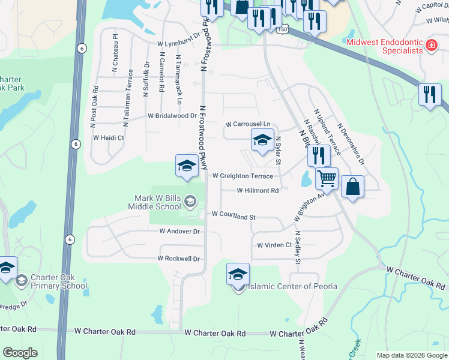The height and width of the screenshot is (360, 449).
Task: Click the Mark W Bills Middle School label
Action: click(x=154, y=202)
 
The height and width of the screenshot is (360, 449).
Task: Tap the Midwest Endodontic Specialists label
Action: click(x=385, y=47)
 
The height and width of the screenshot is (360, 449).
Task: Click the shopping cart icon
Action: click(x=327, y=178)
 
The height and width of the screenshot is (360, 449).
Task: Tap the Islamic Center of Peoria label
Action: click(x=292, y=286)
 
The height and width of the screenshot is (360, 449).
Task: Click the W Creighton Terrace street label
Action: click(x=243, y=176)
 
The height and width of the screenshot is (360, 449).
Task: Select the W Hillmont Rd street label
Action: click(x=258, y=191)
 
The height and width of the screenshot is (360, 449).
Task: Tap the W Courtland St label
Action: click(x=234, y=214)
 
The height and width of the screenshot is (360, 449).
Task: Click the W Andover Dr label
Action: click(x=179, y=230)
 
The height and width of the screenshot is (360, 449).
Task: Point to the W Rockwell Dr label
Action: click(x=178, y=259)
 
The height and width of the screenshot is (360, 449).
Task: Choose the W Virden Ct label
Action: click(x=274, y=245)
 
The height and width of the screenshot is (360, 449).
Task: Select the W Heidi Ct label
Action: click(x=108, y=137)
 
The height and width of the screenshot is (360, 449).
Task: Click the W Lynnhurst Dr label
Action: click(x=178, y=44)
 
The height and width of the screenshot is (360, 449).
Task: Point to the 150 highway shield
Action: click(x=282, y=29)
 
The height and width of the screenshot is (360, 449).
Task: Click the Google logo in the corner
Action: click(x=20, y=353)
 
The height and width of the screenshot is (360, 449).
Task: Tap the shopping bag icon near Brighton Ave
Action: click(x=352, y=187)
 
